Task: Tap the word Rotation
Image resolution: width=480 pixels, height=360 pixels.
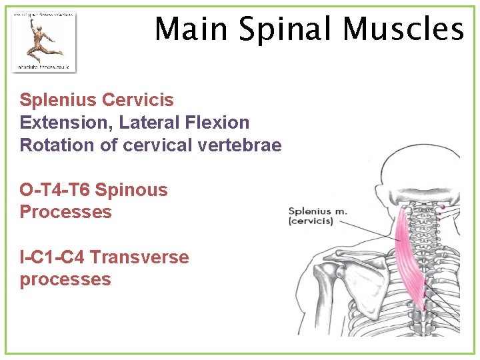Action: (x=49, y=145)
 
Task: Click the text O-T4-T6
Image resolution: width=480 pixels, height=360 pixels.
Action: (x=55, y=190)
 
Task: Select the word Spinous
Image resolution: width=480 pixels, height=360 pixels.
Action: (x=131, y=190)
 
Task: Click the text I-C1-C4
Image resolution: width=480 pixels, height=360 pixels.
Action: (x=52, y=257)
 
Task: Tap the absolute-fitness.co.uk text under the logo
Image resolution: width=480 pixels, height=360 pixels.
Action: (x=44, y=67)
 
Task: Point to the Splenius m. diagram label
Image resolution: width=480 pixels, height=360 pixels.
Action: (x=317, y=212)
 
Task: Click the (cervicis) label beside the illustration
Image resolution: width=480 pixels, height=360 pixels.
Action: (x=311, y=221)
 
